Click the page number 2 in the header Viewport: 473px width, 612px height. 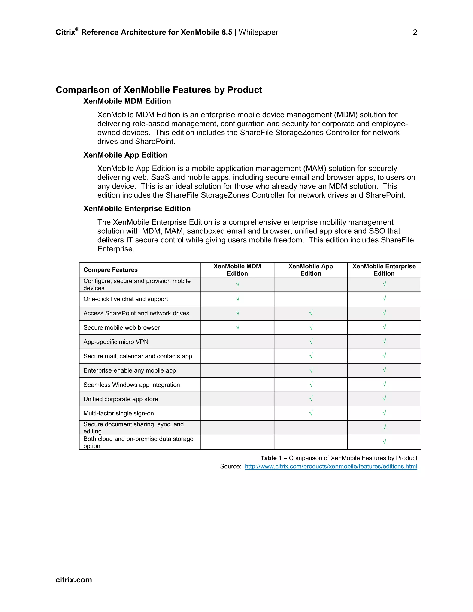click(415, 33)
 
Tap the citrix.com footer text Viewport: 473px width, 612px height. click(74, 579)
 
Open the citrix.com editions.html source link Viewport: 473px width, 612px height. click(331, 466)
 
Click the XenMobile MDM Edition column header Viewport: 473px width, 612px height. click(237, 270)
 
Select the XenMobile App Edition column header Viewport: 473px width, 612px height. click(310, 270)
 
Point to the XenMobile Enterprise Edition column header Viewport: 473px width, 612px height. click(384, 270)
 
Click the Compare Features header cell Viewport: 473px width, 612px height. click(110, 270)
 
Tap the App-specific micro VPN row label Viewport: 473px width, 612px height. click(116, 342)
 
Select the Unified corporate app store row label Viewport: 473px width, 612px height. click(121, 399)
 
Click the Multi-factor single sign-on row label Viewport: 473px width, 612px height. click(118, 413)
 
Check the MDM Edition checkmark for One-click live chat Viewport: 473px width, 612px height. click(237, 299)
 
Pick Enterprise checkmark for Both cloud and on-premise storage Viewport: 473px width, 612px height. click(384, 442)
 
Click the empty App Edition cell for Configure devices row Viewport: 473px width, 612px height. click(310, 285)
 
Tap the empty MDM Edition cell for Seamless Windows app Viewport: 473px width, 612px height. click(237, 385)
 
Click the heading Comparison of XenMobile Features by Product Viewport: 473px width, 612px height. click(159, 90)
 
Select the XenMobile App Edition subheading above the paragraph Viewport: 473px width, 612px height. click(125, 155)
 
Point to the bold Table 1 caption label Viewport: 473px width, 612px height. click(271, 458)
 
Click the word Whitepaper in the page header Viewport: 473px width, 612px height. click(258, 33)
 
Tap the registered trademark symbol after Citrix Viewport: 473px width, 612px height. click(77, 29)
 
